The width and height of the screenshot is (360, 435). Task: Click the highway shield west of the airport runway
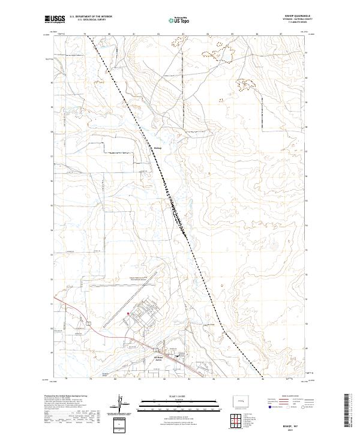[x=88, y=323]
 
